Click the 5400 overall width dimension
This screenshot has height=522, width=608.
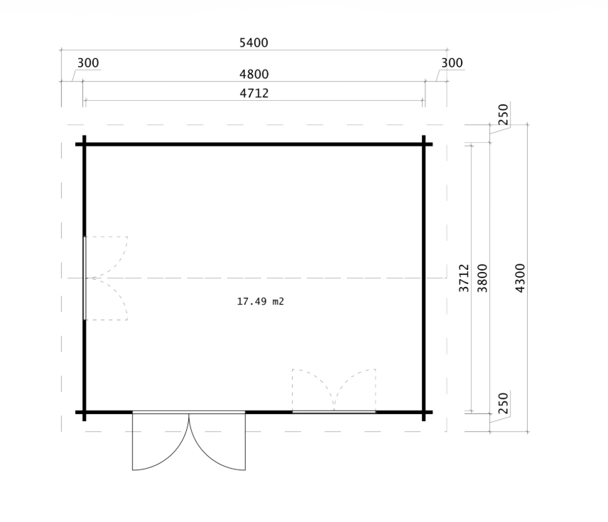pos(254,43)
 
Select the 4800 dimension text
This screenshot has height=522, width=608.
pos(254,74)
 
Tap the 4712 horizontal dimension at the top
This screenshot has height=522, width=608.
pos(254,93)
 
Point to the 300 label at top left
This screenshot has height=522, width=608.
pos(88,62)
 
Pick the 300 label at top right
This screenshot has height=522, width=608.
pos(452,62)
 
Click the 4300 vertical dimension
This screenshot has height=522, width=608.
pos(520,278)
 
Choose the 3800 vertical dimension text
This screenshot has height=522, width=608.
pos(482,278)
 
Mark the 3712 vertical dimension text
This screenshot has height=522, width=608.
pos(464,278)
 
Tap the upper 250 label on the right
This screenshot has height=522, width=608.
pos(503,114)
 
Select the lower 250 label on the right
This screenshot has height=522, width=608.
pos(503,403)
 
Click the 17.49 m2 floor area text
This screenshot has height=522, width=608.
pos(260,301)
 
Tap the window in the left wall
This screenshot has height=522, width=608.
pos(85,278)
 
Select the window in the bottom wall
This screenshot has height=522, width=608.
pos(334,412)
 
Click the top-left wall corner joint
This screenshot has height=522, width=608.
pos(84,144)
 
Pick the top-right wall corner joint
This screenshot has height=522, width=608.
pos(423,144)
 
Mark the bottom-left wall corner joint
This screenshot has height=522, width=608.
pos(84,412)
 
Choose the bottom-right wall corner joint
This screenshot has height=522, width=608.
pos(423,412)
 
